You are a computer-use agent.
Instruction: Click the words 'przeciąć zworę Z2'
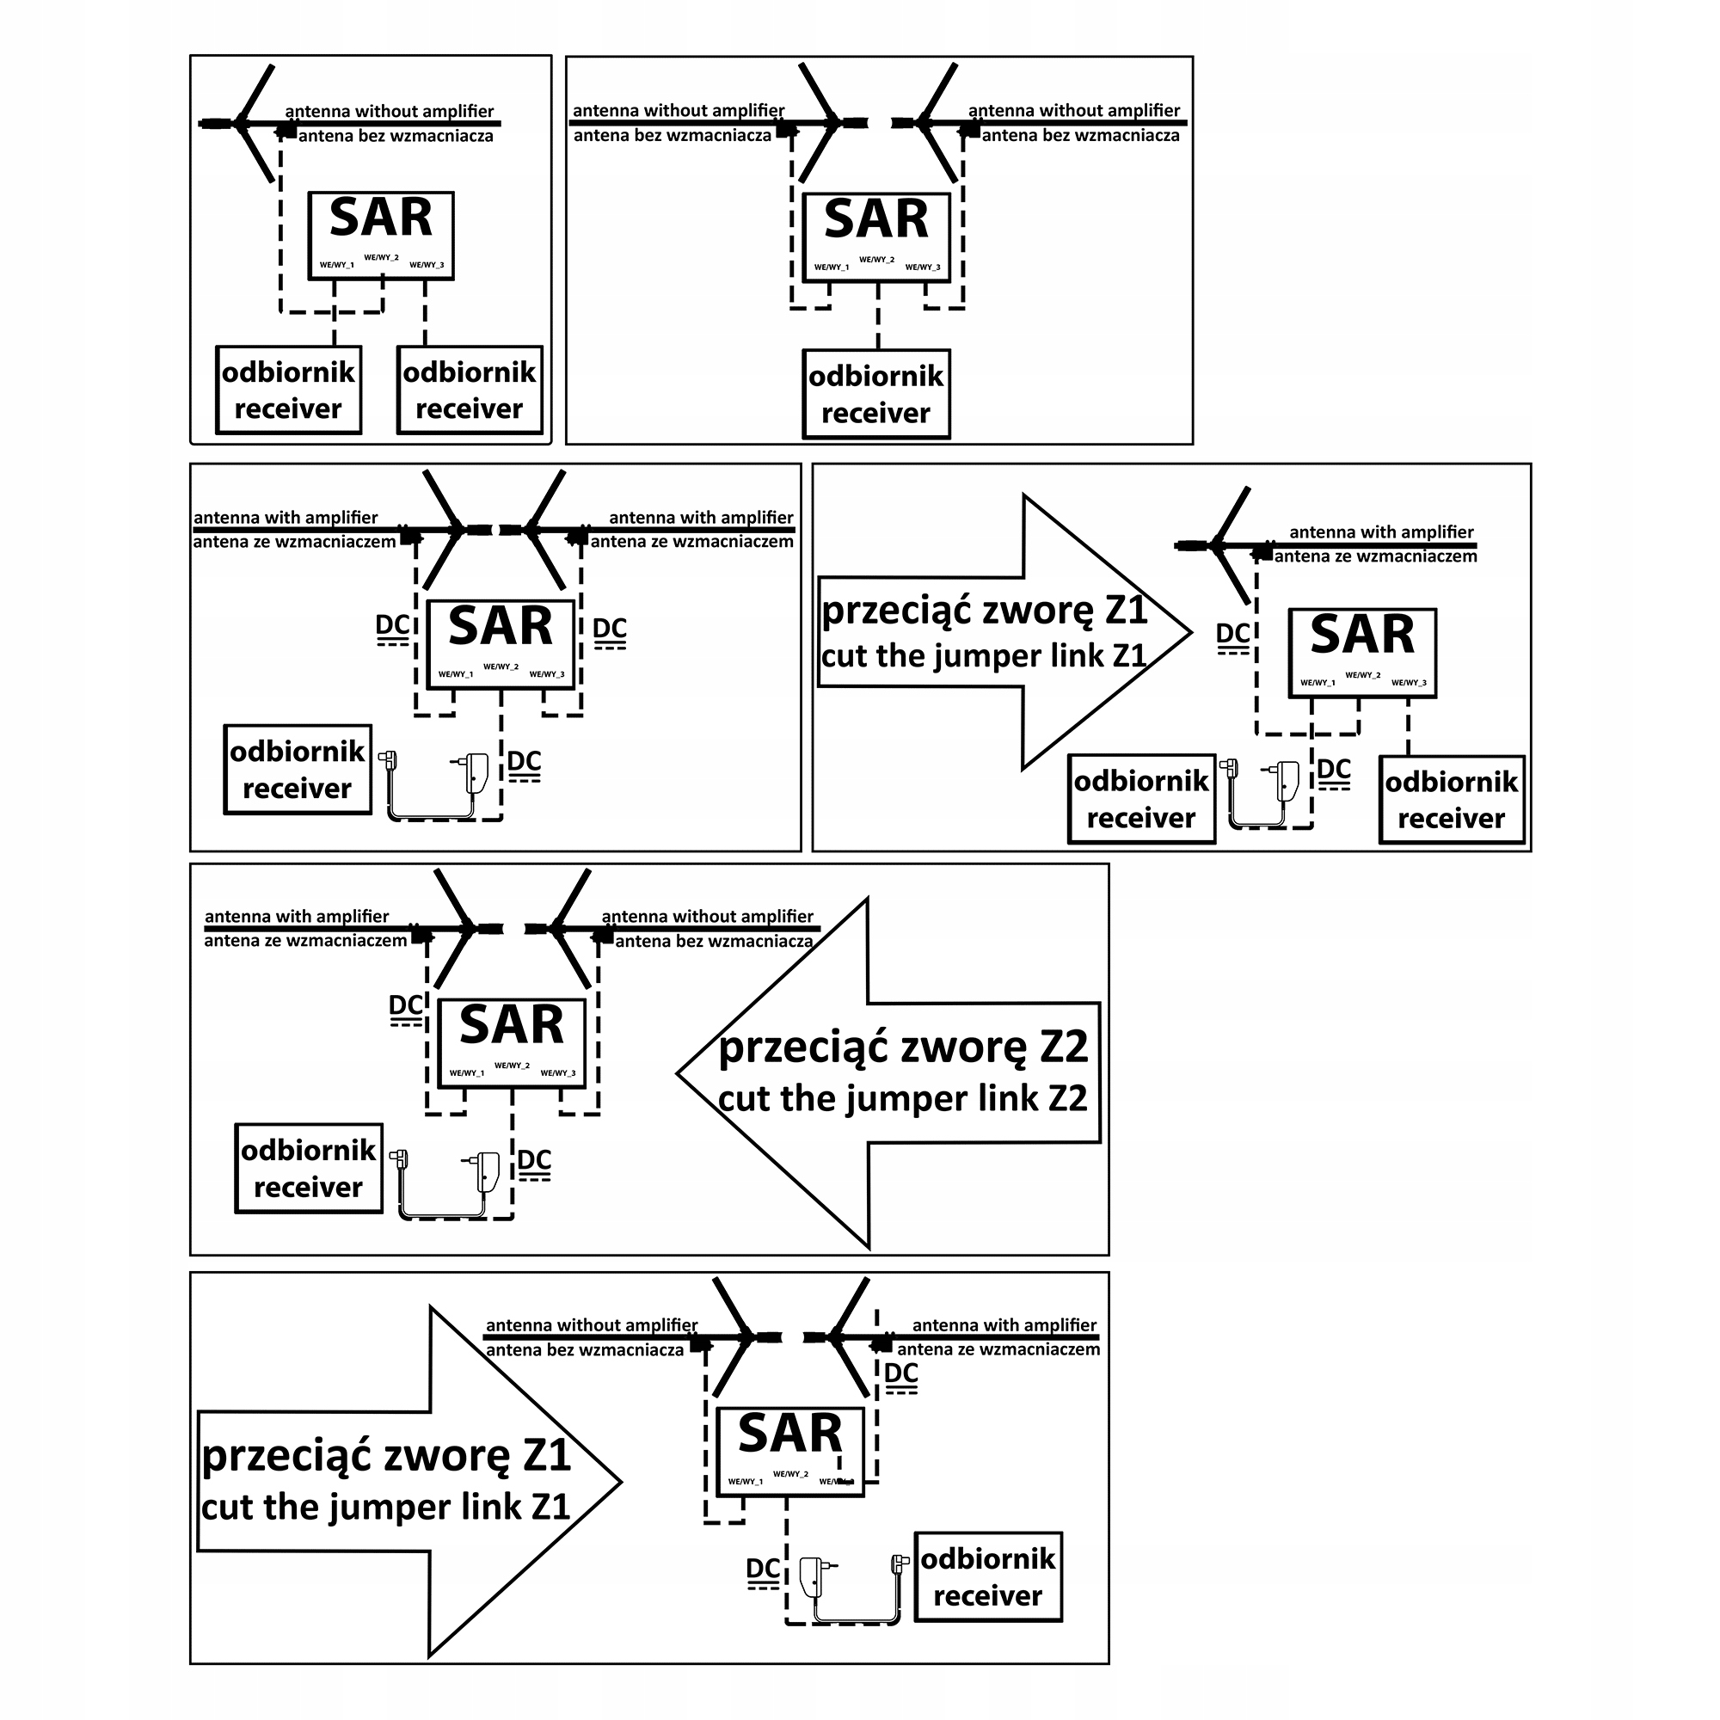(903, 1047)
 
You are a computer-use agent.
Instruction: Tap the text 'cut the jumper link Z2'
(903, 1099)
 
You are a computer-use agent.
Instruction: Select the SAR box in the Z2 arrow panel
(512, 1043)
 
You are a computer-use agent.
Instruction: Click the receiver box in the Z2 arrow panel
(309, 1169)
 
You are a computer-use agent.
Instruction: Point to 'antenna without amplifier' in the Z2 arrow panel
(708, 917)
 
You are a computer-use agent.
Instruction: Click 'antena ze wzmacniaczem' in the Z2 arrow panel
(305, 941)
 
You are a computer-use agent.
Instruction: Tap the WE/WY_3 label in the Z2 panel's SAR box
(558, 1073)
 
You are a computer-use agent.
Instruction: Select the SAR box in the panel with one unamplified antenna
(381, 236)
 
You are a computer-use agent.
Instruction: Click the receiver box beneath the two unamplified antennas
(877, 395)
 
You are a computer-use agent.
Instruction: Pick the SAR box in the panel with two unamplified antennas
(877, 237)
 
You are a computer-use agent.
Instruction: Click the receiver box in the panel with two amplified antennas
(298, 770)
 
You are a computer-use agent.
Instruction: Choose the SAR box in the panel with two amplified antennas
(501, 644)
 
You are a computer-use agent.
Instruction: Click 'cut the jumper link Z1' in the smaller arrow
(984, 656)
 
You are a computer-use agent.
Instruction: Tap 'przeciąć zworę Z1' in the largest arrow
(386, 1458)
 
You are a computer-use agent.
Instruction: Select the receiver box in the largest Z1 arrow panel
(988, 1577)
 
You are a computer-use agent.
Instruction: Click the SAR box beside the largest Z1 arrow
(790, 1452)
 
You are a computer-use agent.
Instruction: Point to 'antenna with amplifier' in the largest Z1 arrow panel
(1004, 1325)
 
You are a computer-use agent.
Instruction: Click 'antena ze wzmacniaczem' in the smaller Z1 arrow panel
(1375, 557)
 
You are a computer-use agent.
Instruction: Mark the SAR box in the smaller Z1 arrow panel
(1363, 653)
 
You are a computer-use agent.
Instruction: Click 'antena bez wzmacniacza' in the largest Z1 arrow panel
(585, 1350)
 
